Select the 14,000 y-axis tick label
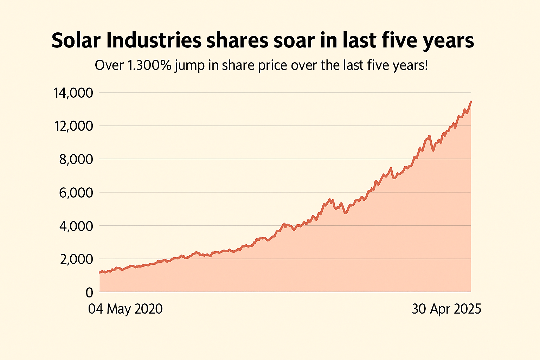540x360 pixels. [73, 93]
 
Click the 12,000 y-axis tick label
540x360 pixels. [73, 126]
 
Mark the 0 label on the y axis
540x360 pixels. [89, 292]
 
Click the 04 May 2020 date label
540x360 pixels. [126, 309]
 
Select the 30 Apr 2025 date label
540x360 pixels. [446, 309]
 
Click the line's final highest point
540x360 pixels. [471, 102]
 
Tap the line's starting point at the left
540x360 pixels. [100, 272]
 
